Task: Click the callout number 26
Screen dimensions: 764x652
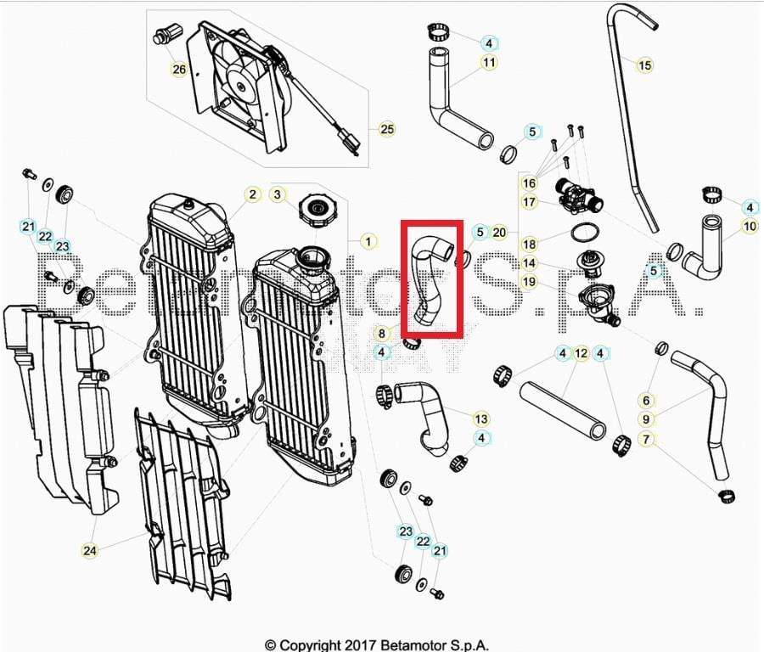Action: (x=179, y=70)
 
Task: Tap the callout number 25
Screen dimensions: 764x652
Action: (x=387, y=129)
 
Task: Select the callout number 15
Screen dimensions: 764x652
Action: (x=644, y=65)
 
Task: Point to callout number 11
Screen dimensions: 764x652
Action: (x=489, y=62)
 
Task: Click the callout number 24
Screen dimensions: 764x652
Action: (x=90, y=551)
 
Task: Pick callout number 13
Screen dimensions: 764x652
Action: (x=481, y=419)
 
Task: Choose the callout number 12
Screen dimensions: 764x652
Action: (x=581, y=353)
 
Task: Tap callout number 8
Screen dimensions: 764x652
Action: (x=381, y=334)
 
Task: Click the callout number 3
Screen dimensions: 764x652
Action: (x=278, y=195)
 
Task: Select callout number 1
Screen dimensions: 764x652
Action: (x=368, y=241)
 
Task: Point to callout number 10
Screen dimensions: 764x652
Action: (x=750, y=226)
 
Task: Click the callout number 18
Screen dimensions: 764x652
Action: (x=529, y=244)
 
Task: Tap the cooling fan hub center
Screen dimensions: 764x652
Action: (x=241, y=86)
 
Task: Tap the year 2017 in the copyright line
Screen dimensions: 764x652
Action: (x=361, y=645)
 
